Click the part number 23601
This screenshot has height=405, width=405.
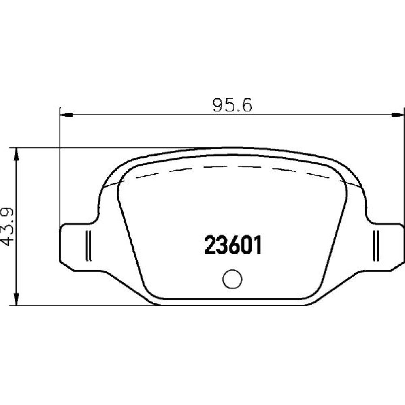[x=233, y=245]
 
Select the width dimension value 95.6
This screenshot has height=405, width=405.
[x=232, y=105]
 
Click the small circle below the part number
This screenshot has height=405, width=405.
[x=232, y=279]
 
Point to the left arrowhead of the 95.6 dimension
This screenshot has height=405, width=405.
[x=66, y=115]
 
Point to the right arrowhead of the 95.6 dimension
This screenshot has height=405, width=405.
[x=397, y=115]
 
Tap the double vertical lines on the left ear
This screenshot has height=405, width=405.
[x=88, y=245]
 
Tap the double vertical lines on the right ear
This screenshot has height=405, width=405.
[x=376, y=245]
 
